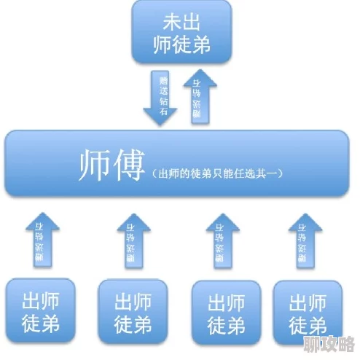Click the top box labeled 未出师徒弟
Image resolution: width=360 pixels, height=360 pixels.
[x=181, y=32]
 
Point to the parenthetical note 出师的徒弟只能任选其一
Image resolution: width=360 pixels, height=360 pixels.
[x=217, y=174]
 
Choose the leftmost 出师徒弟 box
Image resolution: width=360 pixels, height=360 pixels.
[x=39, y=311]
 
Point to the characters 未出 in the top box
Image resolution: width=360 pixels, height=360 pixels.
[x=182, y=22]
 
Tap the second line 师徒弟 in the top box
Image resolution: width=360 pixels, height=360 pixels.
[x=182, y=45]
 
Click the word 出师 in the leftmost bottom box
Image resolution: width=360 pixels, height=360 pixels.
[x=39, y=300]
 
